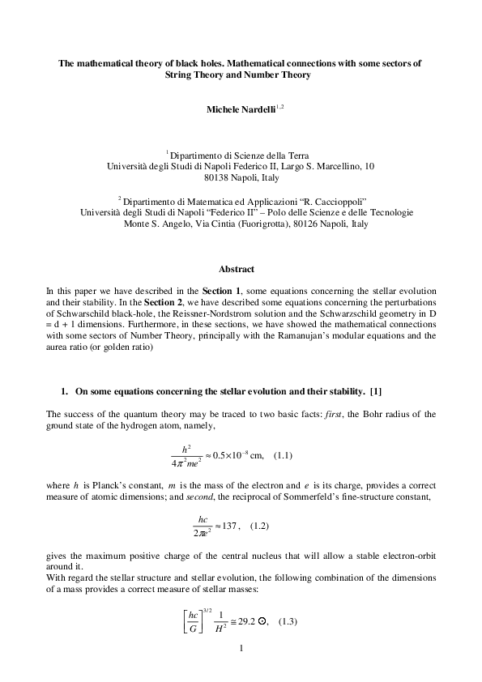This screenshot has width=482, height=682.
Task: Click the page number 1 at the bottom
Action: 241,649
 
